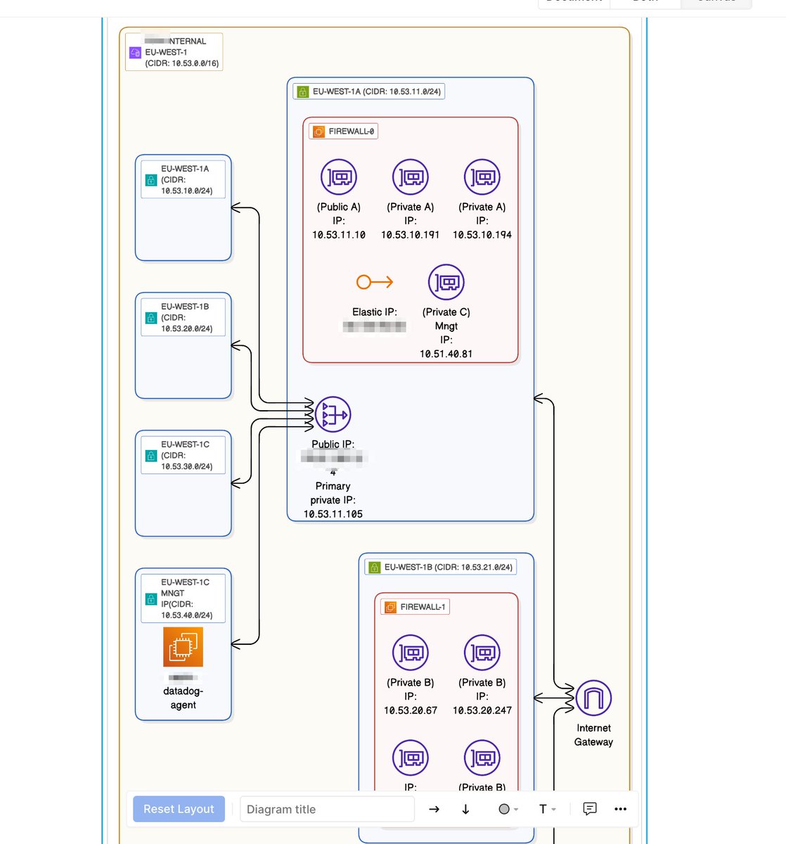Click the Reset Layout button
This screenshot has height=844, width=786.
[x=179, y=809]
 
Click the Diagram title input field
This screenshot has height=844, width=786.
[x=327, y=809]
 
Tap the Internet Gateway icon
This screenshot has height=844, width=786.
[x=593, y=698]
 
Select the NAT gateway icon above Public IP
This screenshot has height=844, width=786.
[x=333, y=415]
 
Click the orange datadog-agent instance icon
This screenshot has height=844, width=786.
[x=183, y=646]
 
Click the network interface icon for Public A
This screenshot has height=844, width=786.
[x=339, y=177]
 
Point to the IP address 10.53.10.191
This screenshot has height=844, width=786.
[x=410, y=235]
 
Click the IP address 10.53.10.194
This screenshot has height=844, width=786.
[x=482, y=235]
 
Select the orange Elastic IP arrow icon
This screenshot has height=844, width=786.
[x=374, y=282]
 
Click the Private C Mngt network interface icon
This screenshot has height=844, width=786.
[x=446, y=282]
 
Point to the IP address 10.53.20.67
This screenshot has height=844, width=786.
[x=411, y=710]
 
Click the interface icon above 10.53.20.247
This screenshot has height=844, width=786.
[x=482, y=653]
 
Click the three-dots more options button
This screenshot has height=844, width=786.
[x=620, y=809]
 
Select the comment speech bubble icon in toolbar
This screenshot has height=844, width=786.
[x=590, y=809]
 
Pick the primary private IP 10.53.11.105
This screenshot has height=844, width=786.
[x=333, y=514]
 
